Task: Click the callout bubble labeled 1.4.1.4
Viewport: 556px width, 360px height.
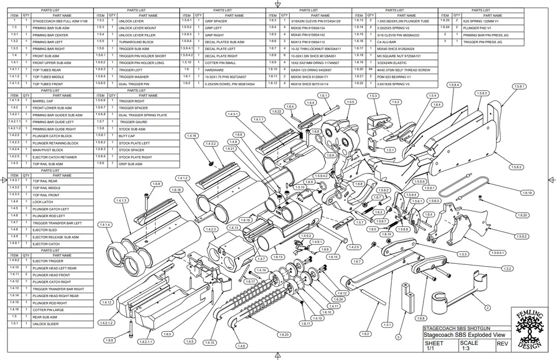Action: click(105, 225)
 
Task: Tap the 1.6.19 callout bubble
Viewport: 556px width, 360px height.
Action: click(527, 192)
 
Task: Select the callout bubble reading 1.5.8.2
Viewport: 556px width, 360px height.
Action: click(516, 167)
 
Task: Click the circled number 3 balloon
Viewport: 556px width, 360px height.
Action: click(398, 336)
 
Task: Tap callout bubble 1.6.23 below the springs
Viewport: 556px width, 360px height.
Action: click(283, 334)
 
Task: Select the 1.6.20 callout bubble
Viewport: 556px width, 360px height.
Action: click(521, 215)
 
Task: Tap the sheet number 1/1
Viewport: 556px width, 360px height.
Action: click(430, 348)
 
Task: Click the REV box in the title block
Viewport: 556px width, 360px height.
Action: click(501, 344)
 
